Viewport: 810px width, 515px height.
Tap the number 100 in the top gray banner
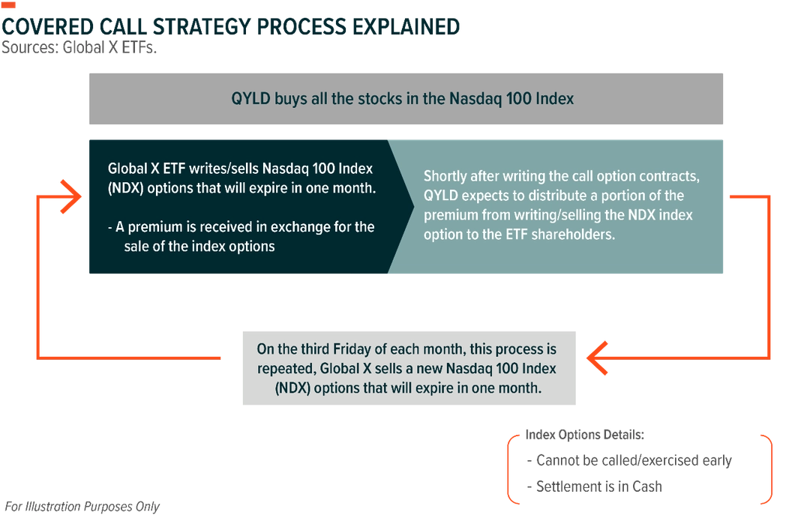[520, 99]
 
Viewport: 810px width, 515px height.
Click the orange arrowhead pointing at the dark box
[70, 196]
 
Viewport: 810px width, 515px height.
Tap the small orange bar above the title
[8, 5]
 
